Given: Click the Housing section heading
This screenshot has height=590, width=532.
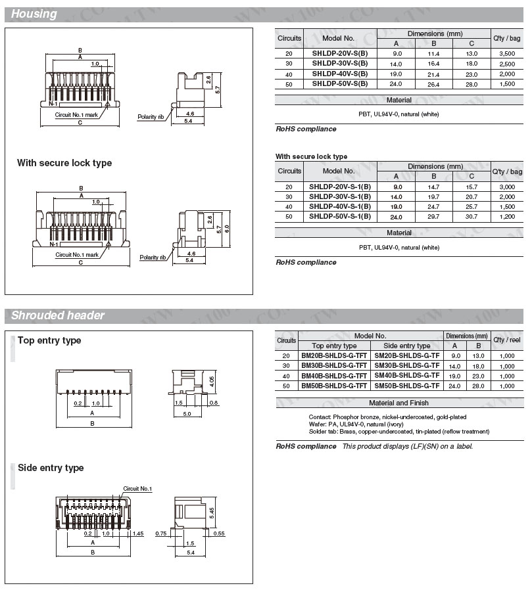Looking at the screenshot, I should coord(34,14).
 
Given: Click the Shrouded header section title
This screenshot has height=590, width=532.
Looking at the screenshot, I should coord(58,315).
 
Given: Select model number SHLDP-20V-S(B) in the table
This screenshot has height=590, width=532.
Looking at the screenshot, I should coord(340,53).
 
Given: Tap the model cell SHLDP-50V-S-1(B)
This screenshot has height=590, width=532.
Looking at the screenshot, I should coord(340,216).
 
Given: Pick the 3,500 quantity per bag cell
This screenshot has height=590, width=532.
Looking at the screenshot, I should coord(507,53).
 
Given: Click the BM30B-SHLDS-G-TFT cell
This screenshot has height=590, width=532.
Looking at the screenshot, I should coord(334,365).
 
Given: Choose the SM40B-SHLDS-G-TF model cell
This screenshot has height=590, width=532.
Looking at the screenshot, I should coord(406,375).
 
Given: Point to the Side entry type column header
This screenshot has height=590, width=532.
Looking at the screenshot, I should coord(406,346).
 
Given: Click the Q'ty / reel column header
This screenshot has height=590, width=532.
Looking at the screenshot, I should coord(507,340).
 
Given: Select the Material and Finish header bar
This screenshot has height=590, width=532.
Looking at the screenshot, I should coord(399,403).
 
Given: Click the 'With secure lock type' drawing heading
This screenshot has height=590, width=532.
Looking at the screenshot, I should coord(64,163).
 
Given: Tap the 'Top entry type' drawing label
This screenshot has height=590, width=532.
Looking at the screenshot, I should coord(49,340).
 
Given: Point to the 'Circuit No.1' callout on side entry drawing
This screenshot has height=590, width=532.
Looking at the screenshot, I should coord(137,489).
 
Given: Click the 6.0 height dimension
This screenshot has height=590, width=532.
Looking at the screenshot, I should coord(227,228).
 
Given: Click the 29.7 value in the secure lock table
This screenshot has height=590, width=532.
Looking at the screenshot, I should coord(433,216).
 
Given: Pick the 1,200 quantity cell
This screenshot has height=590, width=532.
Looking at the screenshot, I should coord(507,216).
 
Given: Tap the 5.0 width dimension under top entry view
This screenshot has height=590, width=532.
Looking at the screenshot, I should coord(187,413).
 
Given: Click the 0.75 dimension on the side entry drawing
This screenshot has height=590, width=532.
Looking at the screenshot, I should coord(160,533).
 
